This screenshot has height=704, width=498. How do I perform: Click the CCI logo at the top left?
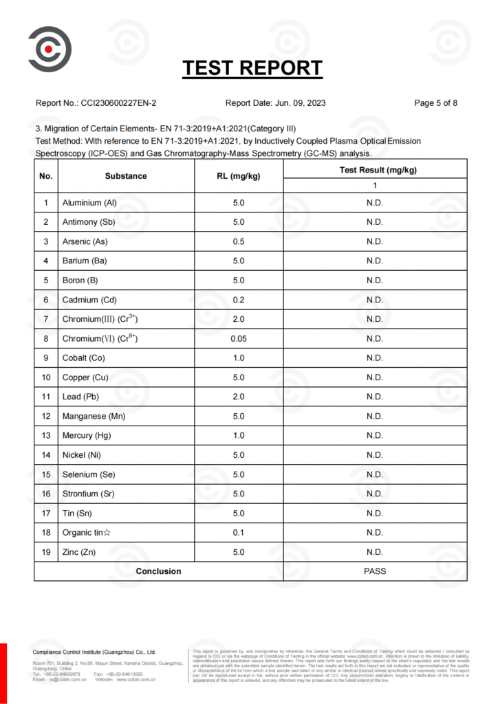click(x=49, y=49)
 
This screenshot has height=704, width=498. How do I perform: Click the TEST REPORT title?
click(x=252, y=68)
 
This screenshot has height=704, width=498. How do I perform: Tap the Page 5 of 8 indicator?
click(x=436, y=104)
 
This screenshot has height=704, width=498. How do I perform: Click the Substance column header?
click(x=126, y=176)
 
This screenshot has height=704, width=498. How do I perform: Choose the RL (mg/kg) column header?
click(x=238, y=176)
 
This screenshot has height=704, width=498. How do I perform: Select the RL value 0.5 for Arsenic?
click(x=238, y=241)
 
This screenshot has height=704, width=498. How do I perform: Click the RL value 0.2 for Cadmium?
click(x=238, y=300)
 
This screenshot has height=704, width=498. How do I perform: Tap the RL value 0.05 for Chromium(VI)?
click(x=238, y=338)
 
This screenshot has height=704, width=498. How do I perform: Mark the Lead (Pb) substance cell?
click(x=81, y=397)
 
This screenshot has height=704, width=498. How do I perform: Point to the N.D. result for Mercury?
click(x=374, y=435)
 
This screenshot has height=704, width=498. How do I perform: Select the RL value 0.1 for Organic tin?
click(x=238, y=532)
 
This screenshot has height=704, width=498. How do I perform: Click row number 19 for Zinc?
click(x=46, y=552)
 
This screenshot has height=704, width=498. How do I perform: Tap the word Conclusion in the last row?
click(x=158, y=571)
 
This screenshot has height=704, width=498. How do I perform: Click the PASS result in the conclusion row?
click(x=374, y=571)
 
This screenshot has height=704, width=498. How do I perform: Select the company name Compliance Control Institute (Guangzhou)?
click(x=94, y=652)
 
